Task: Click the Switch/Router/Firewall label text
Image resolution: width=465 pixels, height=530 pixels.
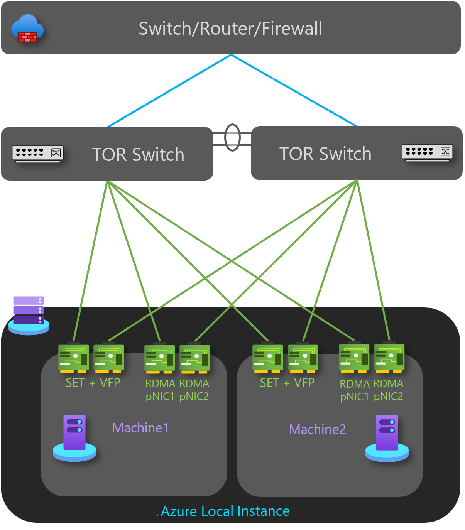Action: (x=230, y=29)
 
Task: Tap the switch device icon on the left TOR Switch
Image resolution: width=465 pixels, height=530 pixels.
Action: (x=37, y=154)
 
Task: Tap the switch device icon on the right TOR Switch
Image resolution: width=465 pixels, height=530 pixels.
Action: (x=427, y=153)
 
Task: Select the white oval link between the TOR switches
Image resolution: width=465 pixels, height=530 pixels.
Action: (x=232, y=137)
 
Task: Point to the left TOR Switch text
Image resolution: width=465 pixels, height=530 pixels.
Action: (x=138, y=155)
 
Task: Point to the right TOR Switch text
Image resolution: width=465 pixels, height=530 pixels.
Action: (x=325, y=154)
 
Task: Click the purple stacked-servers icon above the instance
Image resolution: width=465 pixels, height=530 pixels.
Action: (x=29, y=314)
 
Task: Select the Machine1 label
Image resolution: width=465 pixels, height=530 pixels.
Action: (x=140, y=428)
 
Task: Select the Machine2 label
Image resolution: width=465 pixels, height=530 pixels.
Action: (x=317, y=429)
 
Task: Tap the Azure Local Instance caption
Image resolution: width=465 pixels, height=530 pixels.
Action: (x=225, y=511)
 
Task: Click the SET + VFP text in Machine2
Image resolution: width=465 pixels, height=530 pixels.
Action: (x=287, y=383)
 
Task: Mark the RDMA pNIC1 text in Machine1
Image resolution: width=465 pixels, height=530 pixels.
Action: (x=160, y=390)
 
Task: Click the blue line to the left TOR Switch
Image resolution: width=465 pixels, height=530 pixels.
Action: (x=170, y=90)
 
